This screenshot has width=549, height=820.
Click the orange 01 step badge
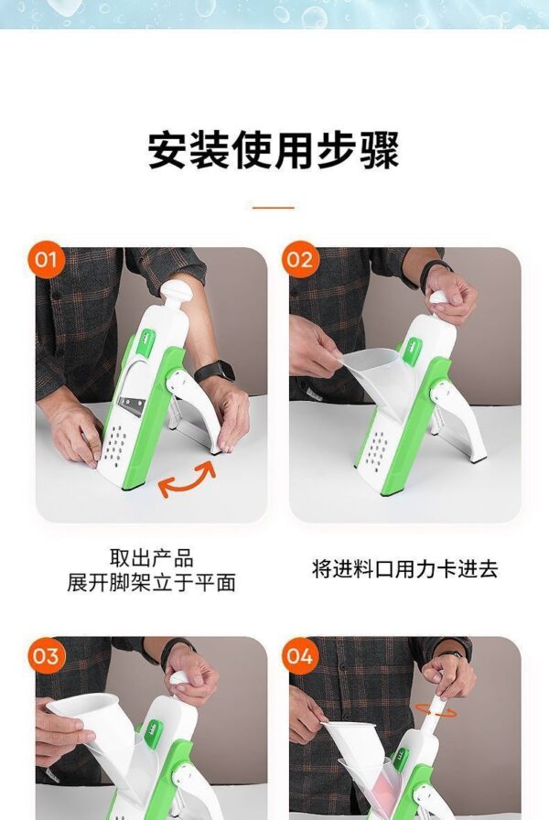pos(46,259)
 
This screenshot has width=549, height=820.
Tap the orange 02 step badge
pos(299,259)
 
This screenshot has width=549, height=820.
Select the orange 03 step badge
pos(46,655)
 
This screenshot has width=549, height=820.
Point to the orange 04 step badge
pos(299,655)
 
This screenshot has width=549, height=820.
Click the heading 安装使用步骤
pos(274,150)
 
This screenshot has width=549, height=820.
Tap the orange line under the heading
pos(274,208)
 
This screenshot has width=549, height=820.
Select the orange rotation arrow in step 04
pos(436,710)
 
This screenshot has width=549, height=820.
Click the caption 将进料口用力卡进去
pos(404,569)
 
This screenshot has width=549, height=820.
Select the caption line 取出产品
pos(151,558)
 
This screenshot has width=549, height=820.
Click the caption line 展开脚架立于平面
pos(151,582)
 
